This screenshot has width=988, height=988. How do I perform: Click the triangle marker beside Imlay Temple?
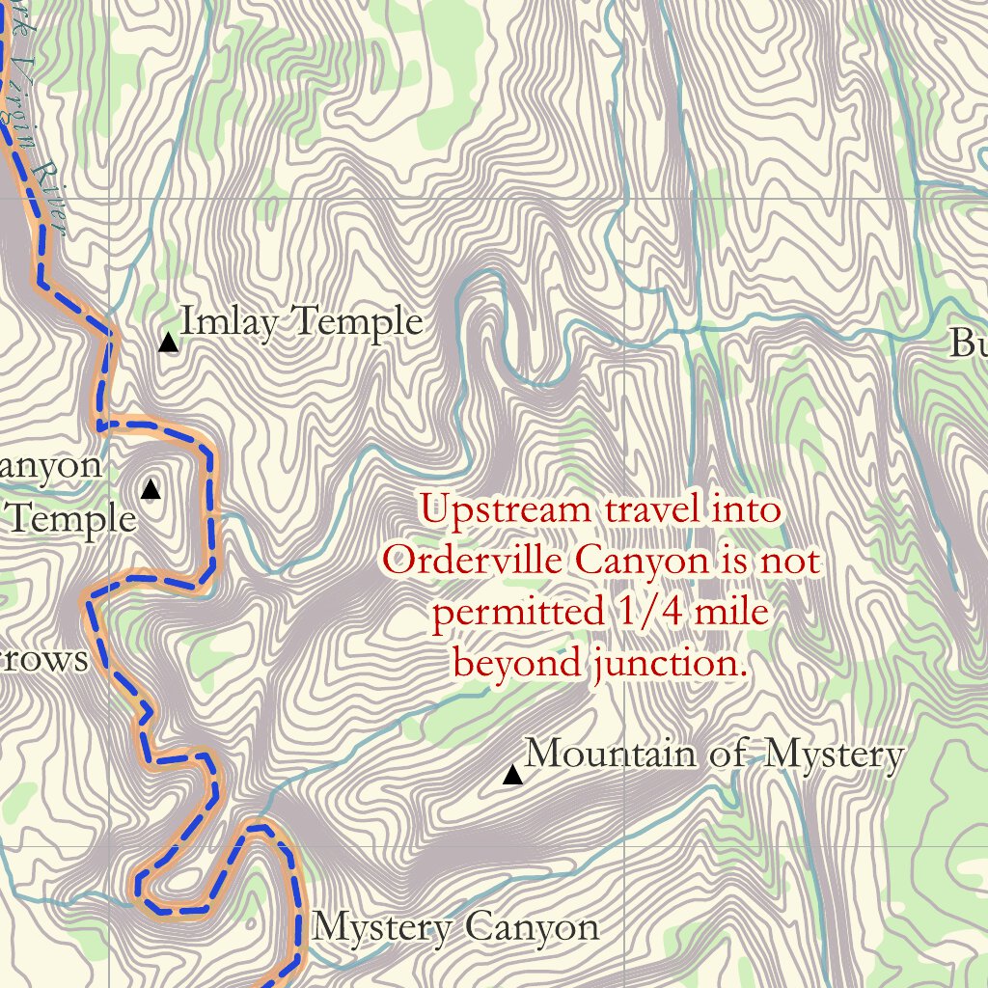point(169,343)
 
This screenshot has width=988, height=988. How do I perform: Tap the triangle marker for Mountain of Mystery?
point(512,775)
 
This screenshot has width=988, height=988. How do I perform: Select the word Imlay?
point(224,321)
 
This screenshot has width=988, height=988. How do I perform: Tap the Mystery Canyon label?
point(455,928)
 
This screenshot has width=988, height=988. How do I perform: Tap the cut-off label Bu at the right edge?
point(968,343)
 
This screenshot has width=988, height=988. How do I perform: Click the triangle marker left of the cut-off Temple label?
point(151,490)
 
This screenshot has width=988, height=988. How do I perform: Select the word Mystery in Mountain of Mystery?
point(834,755)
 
